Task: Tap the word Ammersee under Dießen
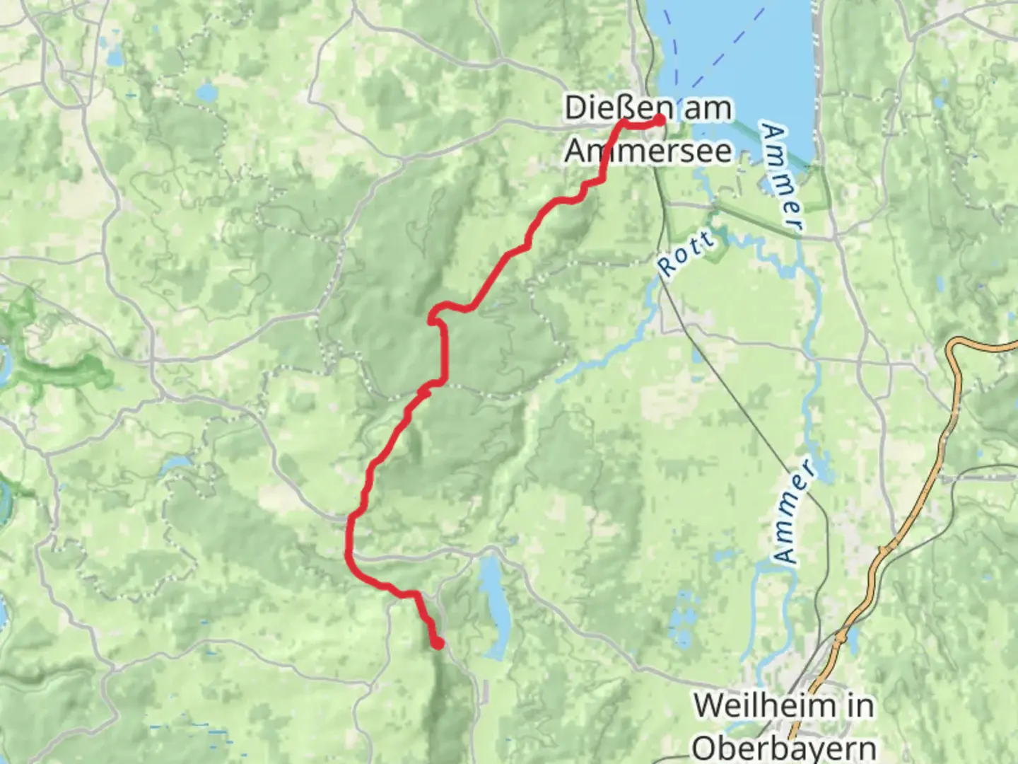click(x=648, y=150)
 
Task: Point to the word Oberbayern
click(x=783, y=747)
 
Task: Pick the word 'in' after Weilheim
click(x=856, y=706)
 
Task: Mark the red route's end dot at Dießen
click(x=660, y=120)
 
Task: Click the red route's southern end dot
click(x=438, y=643)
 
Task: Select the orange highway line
click(x=933, y=460)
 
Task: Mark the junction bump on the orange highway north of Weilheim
click(x=884, y=550)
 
